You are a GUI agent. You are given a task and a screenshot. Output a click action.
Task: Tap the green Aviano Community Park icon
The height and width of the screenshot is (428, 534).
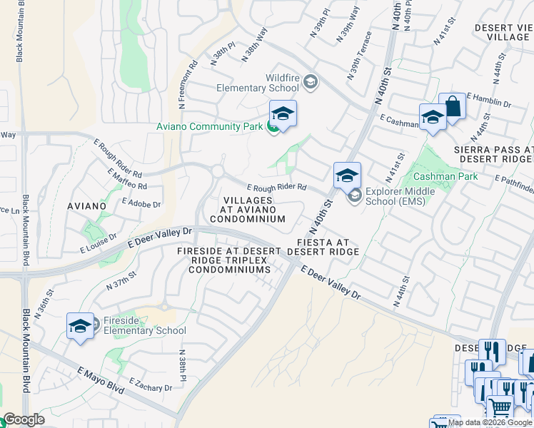pos(273,127)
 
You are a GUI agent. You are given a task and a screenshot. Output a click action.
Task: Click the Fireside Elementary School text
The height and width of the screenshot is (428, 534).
pos(144,325)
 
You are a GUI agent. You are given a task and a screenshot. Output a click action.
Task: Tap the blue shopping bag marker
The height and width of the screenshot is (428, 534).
pos(452,107)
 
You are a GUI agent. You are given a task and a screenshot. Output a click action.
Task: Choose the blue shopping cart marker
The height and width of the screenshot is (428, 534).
pos(500,407)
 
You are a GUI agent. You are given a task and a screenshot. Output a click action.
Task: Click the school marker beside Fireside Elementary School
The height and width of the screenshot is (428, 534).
pos(80,326)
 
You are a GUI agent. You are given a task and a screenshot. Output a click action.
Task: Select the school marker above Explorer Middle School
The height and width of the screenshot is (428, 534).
pos(347,175)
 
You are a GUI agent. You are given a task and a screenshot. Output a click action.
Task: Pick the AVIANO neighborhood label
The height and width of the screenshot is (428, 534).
pos(88,206)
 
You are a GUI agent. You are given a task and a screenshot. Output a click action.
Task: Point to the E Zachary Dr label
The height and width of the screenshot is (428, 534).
pos(151,385)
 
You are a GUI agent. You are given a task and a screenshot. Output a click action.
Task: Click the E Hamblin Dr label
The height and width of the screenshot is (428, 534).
pos(489,100)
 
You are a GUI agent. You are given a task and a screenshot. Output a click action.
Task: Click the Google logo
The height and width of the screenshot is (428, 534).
pos(24,419)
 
